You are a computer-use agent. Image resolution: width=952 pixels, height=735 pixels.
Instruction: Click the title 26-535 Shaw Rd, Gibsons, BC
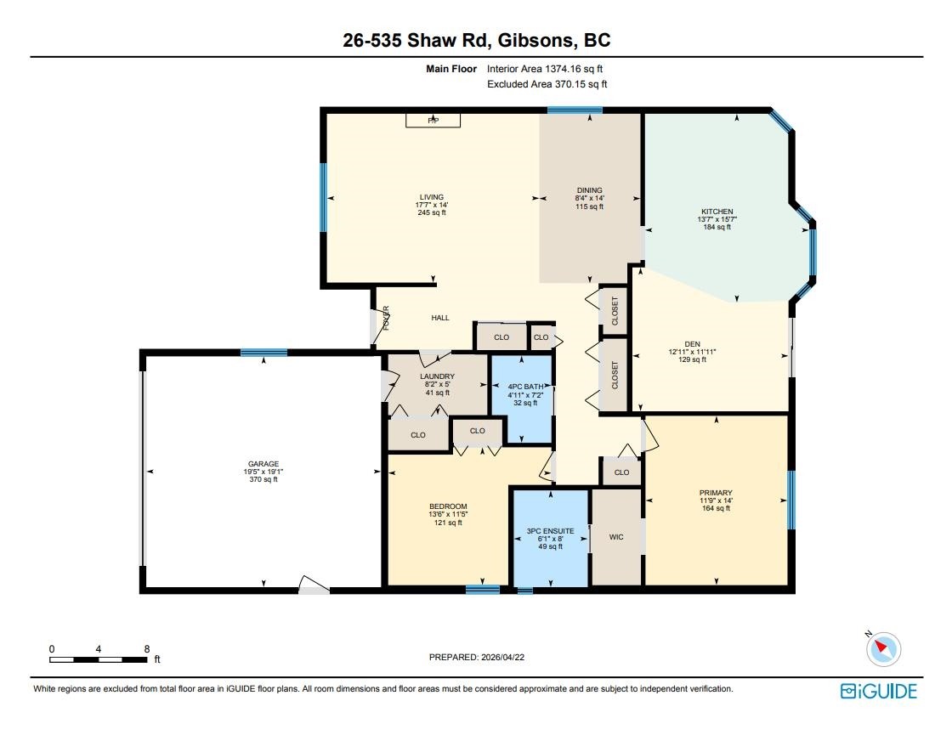tap(477, 40)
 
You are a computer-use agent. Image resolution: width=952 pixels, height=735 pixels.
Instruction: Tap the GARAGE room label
tap(263, 464)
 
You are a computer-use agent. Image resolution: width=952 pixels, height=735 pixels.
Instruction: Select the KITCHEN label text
tap(717, 212)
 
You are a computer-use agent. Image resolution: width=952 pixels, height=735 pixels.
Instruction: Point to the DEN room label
tap(692, 343)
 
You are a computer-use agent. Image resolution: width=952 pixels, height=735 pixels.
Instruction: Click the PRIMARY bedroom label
tap(716, 493)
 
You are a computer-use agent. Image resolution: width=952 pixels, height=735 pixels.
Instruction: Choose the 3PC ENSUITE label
tap(550, 530)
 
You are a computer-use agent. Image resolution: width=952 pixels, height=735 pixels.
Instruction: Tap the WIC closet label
tap(616, 536)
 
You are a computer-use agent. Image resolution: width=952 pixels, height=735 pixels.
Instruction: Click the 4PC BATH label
tap(526, 387)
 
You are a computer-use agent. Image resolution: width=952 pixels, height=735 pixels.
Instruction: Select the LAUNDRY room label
tap(437, 376)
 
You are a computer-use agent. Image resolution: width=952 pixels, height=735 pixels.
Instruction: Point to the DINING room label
tap(590, 190)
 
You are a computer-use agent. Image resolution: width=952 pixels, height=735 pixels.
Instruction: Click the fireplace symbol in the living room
tap(433, 120)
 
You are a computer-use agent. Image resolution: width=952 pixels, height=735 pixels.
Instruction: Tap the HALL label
tap(440, 318)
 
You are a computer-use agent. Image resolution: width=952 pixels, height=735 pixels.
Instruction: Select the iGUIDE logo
tap(879, 692)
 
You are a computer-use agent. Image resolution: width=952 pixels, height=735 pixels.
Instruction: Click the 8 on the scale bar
tap(147, 649)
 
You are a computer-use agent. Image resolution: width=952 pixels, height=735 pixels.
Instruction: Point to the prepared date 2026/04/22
tap(502, 657)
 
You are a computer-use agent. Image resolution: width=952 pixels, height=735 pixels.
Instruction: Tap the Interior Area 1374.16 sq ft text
tap(545, 69)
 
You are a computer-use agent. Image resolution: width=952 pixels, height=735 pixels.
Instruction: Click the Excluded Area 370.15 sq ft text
tap(547, 84)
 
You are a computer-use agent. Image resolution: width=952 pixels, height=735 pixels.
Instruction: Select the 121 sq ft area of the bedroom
tap(448, 523)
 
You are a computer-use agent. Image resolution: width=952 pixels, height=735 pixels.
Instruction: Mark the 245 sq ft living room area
tap(432, 212)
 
